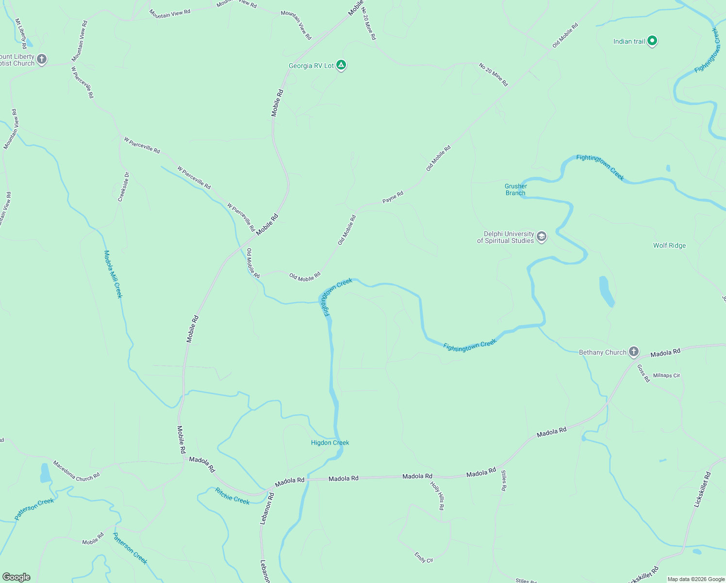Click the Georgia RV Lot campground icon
[341, 65]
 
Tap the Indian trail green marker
[652, 41]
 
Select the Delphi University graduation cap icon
[542, 237]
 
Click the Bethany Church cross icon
[633, 352]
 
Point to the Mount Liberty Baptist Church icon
[42, 59]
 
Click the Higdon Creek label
[330, 443]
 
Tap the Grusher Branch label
[515, 189]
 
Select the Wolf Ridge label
[669, 245]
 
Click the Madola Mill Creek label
[113, 274]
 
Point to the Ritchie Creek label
[232, 497]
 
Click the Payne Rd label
[393, 197]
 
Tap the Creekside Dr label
[124, 187]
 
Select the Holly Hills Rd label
[437, 496]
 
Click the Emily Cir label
[424, 557]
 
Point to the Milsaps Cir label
[666, 376]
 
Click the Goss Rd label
[643, 373]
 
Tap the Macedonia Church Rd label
[76, 471]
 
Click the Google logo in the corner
[16, 577]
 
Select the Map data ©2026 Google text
[695, 579]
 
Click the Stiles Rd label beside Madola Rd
[504, 481]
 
